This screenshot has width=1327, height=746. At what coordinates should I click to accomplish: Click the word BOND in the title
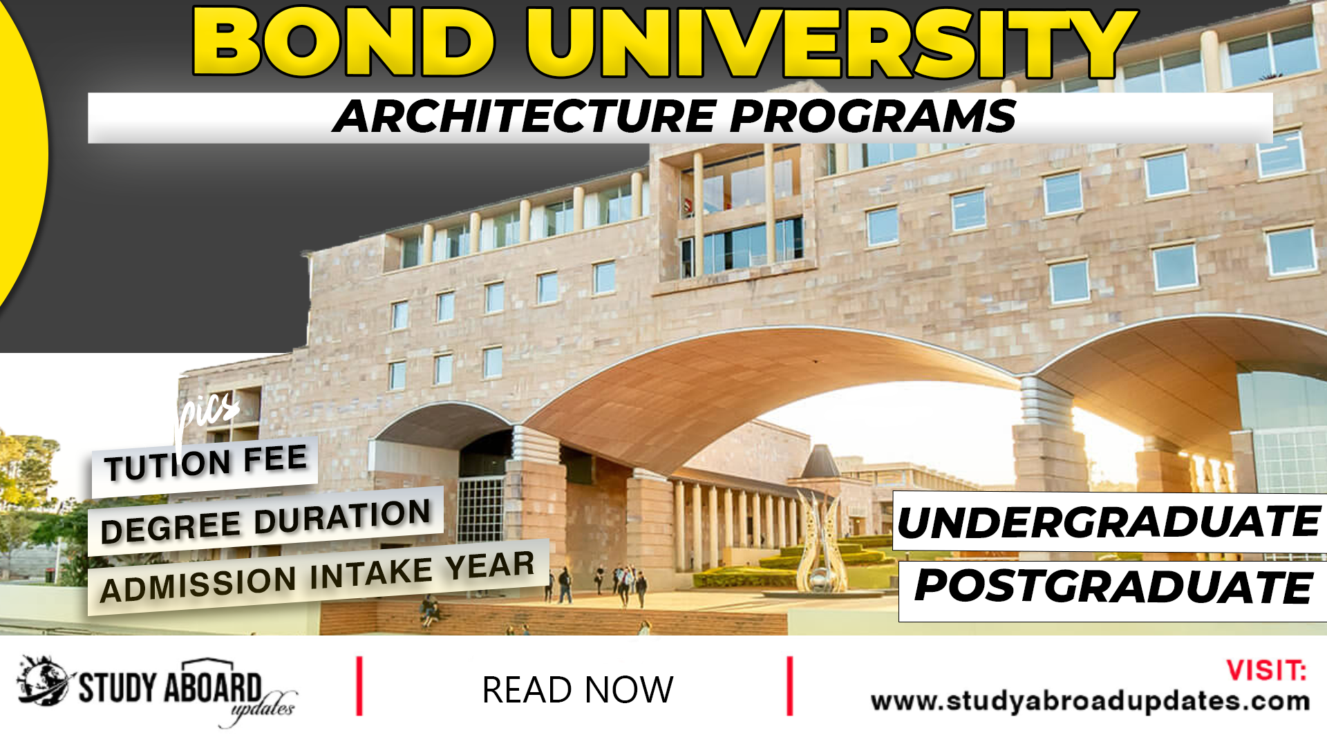(343, 43)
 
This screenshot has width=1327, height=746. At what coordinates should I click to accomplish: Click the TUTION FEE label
(205, 463)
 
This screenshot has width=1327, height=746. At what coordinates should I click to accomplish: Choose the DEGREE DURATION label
(266, 521)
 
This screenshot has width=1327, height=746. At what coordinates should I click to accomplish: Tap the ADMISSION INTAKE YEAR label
(317, 576)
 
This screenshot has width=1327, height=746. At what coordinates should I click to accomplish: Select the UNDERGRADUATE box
(1109, 522)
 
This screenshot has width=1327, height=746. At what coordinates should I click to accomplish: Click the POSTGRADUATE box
(1113, 587)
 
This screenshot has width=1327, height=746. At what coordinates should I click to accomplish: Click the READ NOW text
(577, 689)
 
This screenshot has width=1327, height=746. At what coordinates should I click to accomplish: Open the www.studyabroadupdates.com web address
(1090, 701)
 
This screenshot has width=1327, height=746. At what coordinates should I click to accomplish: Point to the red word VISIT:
(1266, 670)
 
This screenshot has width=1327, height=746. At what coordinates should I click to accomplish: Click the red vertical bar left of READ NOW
(359, 686)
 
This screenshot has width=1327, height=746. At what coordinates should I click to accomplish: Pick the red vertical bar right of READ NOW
(789, 686)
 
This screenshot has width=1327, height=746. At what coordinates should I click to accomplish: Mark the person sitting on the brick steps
(430, 609)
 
